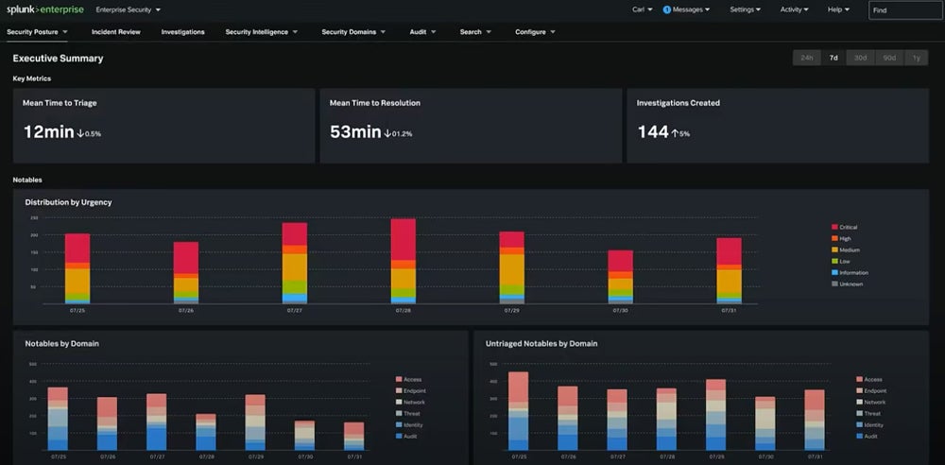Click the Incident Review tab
click(115, 31)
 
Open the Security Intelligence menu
click(261, 31)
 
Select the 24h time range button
click(806, 58)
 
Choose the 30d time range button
click(860, 58)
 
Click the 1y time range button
click(916, 58)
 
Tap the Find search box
click(904, 9)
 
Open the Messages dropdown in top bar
click(688, 9)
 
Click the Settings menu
click(746, 9)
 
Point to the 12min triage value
click(48, 132)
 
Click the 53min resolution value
click(355, 132)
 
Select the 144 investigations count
click(652, 132)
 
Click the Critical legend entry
click(848, 227)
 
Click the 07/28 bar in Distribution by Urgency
click(403, 260)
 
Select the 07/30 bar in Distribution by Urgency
click(620, 277)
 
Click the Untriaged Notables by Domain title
click(541, 343)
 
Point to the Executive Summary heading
click(58, 59)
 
